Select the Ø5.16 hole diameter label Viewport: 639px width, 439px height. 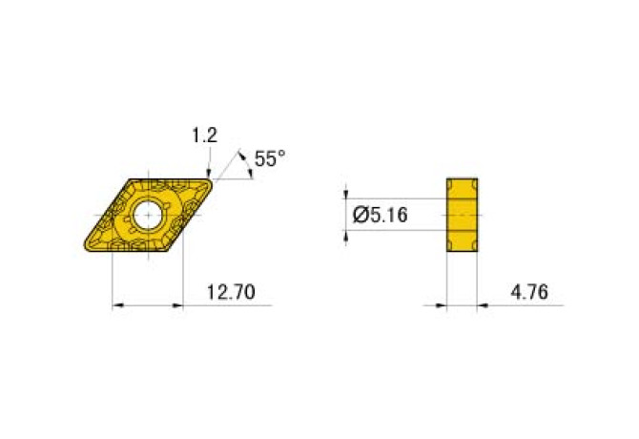point(380,216)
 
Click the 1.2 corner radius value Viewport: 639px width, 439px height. point(204,136)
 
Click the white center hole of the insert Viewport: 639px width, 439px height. point(148,215)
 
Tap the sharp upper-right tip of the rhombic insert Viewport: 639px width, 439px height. point(211,178)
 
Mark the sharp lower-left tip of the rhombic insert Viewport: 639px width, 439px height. point(84,251)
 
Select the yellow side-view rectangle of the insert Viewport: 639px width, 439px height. point(462,215)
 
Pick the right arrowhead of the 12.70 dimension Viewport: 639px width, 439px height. point(176,306)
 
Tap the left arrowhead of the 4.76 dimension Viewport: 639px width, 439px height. point(442,306)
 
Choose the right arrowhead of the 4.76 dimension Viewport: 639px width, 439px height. point(483,306)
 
